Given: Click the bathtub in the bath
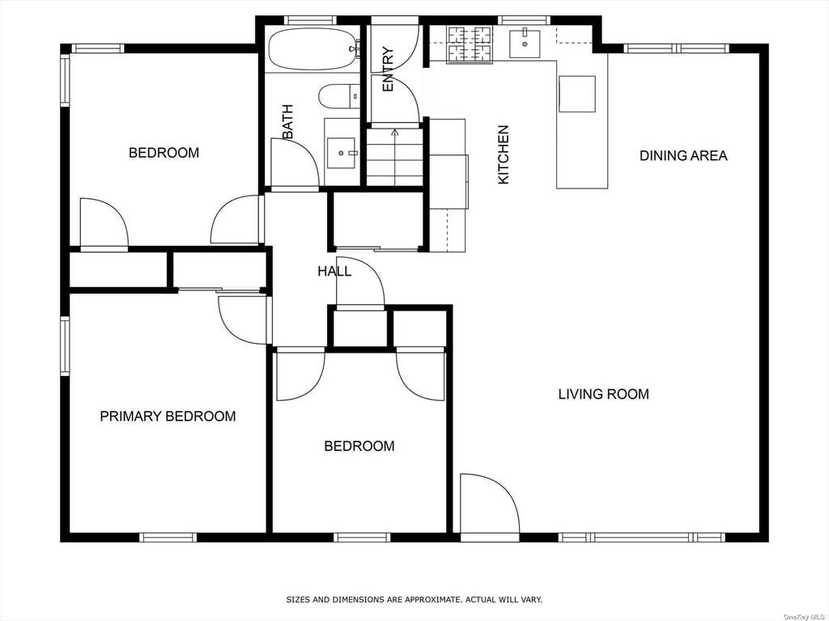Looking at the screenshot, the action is (x=312, y=49).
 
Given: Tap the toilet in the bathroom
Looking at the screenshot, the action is (x=339, y=96).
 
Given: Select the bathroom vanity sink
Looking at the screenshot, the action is (x=341, y=153).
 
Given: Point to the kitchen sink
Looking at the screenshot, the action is (x=525, y=44).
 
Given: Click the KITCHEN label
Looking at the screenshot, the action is (x=504, y=154).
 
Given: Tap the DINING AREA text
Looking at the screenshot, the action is (x=683, y=156).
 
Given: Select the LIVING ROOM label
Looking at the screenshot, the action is (x=604, y=394).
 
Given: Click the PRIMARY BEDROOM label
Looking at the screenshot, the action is (x=168, y=416).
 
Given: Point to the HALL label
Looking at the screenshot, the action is (x=334, y=272).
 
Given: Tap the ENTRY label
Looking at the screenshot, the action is (x=388, y=70).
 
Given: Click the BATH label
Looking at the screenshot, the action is (x=287, y=122).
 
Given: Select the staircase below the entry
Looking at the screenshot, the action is (x=395, y=156).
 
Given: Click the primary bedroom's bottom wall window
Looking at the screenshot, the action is (x=168, y=538).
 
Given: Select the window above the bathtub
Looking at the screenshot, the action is (x=310, y=20).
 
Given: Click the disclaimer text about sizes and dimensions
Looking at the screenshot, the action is (x=414, y=599).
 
